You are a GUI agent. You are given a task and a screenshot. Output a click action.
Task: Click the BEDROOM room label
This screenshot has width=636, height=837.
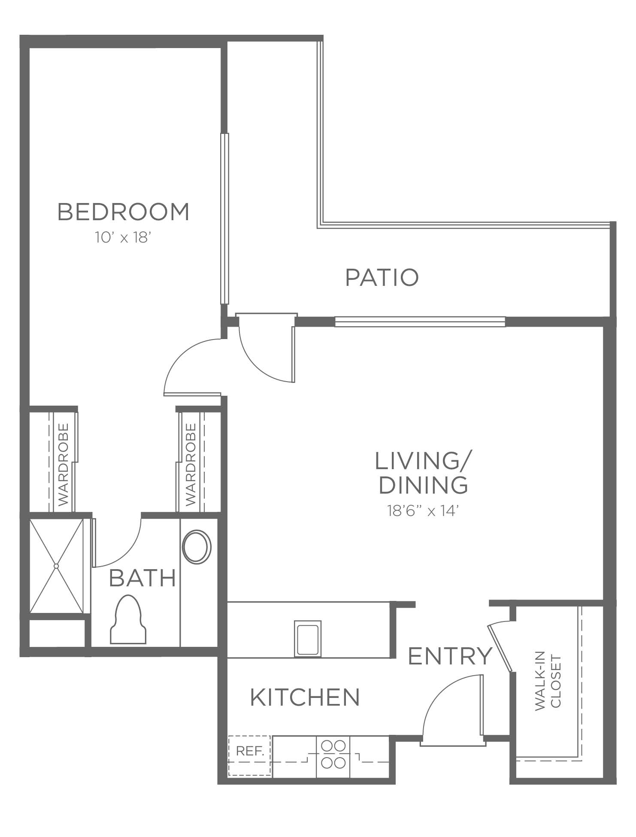coord(123,212)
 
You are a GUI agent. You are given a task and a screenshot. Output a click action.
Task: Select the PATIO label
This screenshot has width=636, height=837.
coord(382,277)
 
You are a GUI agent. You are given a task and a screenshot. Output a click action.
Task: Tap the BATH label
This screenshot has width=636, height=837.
coord(142,578)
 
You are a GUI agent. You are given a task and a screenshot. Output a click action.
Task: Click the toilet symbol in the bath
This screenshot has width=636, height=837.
coord(128,619)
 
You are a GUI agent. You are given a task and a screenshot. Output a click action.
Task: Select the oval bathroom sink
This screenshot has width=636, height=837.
coord(197,547)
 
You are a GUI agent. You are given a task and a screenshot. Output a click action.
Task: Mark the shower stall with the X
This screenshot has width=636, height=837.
coord(56,566)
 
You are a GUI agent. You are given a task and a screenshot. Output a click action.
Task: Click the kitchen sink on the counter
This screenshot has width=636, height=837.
coord(308,638)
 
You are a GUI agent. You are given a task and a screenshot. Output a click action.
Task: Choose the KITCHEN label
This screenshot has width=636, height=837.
coord(305,697)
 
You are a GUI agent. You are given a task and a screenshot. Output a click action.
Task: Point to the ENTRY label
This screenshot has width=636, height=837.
coord(450,656)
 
